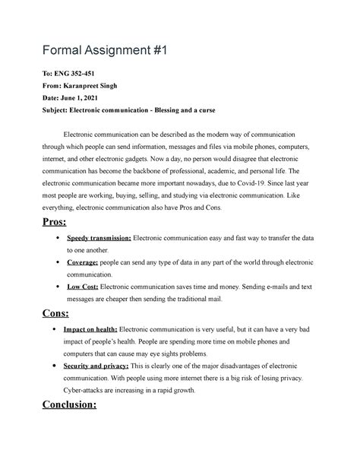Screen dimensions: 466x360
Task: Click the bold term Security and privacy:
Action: tap(103, 365)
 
